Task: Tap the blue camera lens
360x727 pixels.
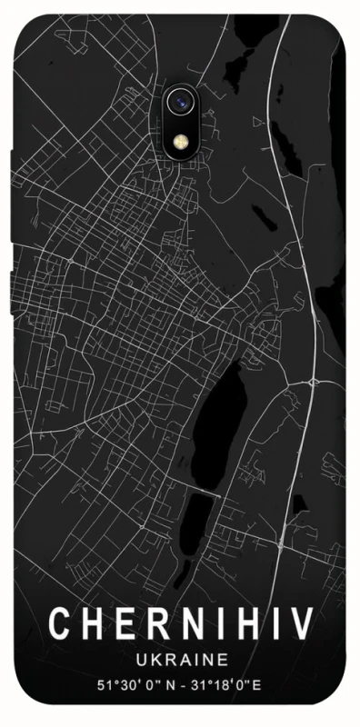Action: (x=180, y=103)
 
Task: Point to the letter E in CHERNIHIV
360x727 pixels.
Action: (x=123, y=624)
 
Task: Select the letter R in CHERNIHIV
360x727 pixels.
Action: (x=155, y=624)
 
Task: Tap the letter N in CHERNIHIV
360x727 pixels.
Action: (x=187, y=624)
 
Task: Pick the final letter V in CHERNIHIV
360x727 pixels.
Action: (x=302, y=624)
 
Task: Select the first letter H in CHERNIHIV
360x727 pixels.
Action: (x=91, y=624)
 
